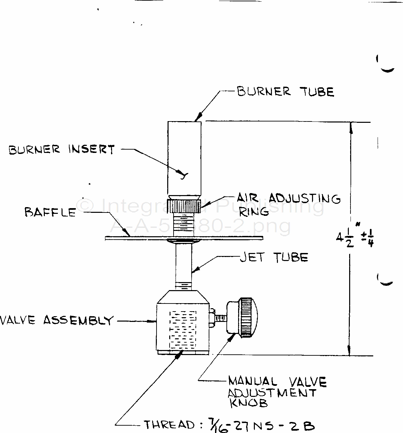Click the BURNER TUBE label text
pyautogui.click(x=285, y=91)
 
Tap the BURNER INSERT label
pyautogui.click(x=62, y=150)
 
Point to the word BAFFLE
pyautogui.click(x=50, y=212)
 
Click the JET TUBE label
pyautogui.click(x=274, y=257)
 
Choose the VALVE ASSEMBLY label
pyautogui.click(x=56, y=320)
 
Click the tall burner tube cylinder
pyautogui.click(x=184, y=157)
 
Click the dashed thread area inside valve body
pyautogui.click(x=183, y=330)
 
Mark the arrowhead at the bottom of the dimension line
pyautogui.click(x=350, y=351)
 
